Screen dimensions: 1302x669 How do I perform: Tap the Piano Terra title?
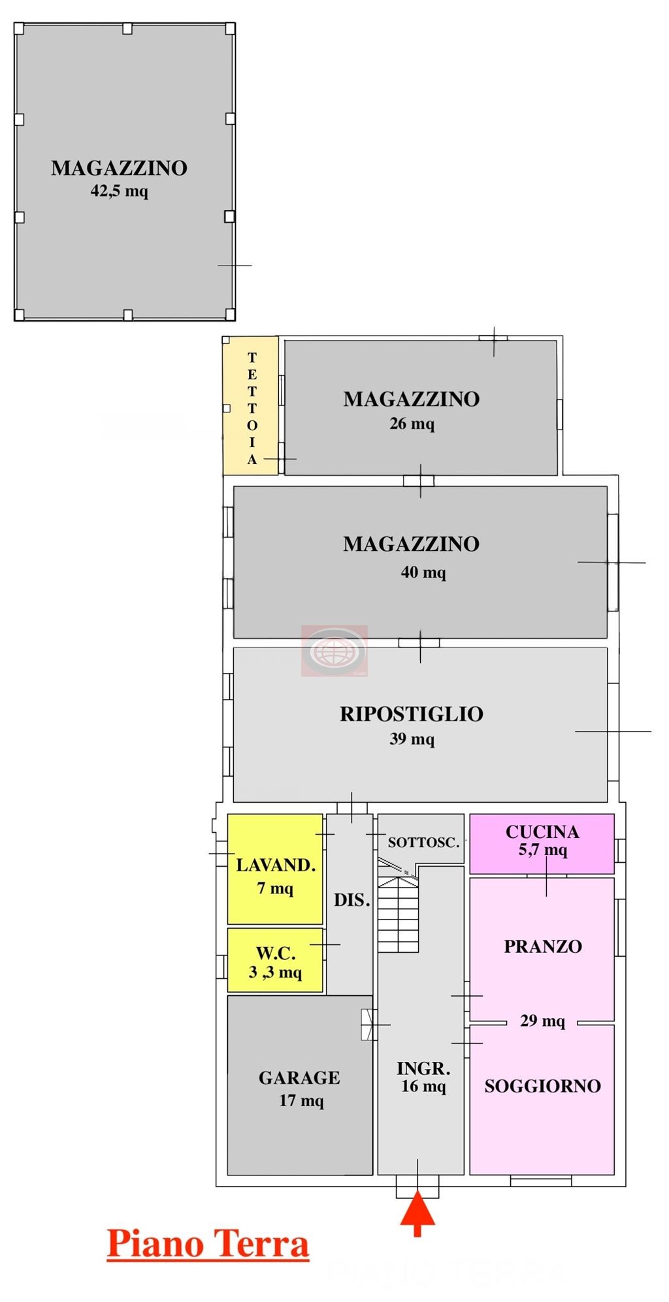pos(208,1244)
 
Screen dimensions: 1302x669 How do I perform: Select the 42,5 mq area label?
pos(120,191)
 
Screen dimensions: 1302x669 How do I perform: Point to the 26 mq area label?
pos(412,424)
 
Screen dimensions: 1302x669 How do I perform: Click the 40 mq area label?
pos(423,572)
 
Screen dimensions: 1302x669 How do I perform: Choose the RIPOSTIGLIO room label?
pos(412,714)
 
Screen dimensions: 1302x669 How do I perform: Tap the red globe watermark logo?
pos(334,651)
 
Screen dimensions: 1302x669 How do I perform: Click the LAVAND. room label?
pos(276,865)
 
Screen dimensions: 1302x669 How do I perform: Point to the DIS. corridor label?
pos(352,901)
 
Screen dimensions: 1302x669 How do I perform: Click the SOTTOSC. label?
pos(423,843)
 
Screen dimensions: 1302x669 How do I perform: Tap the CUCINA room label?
pos(542,832)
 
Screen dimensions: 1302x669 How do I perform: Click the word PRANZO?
pos(543,946)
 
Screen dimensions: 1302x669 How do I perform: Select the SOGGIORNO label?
pos(542,1086)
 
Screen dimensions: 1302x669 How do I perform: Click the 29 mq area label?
pos(542,1021)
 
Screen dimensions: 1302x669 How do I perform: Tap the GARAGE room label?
pos(299,1077)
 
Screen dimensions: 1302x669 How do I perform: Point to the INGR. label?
pos(423,1068)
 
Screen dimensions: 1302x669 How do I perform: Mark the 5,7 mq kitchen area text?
pos(542,850)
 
